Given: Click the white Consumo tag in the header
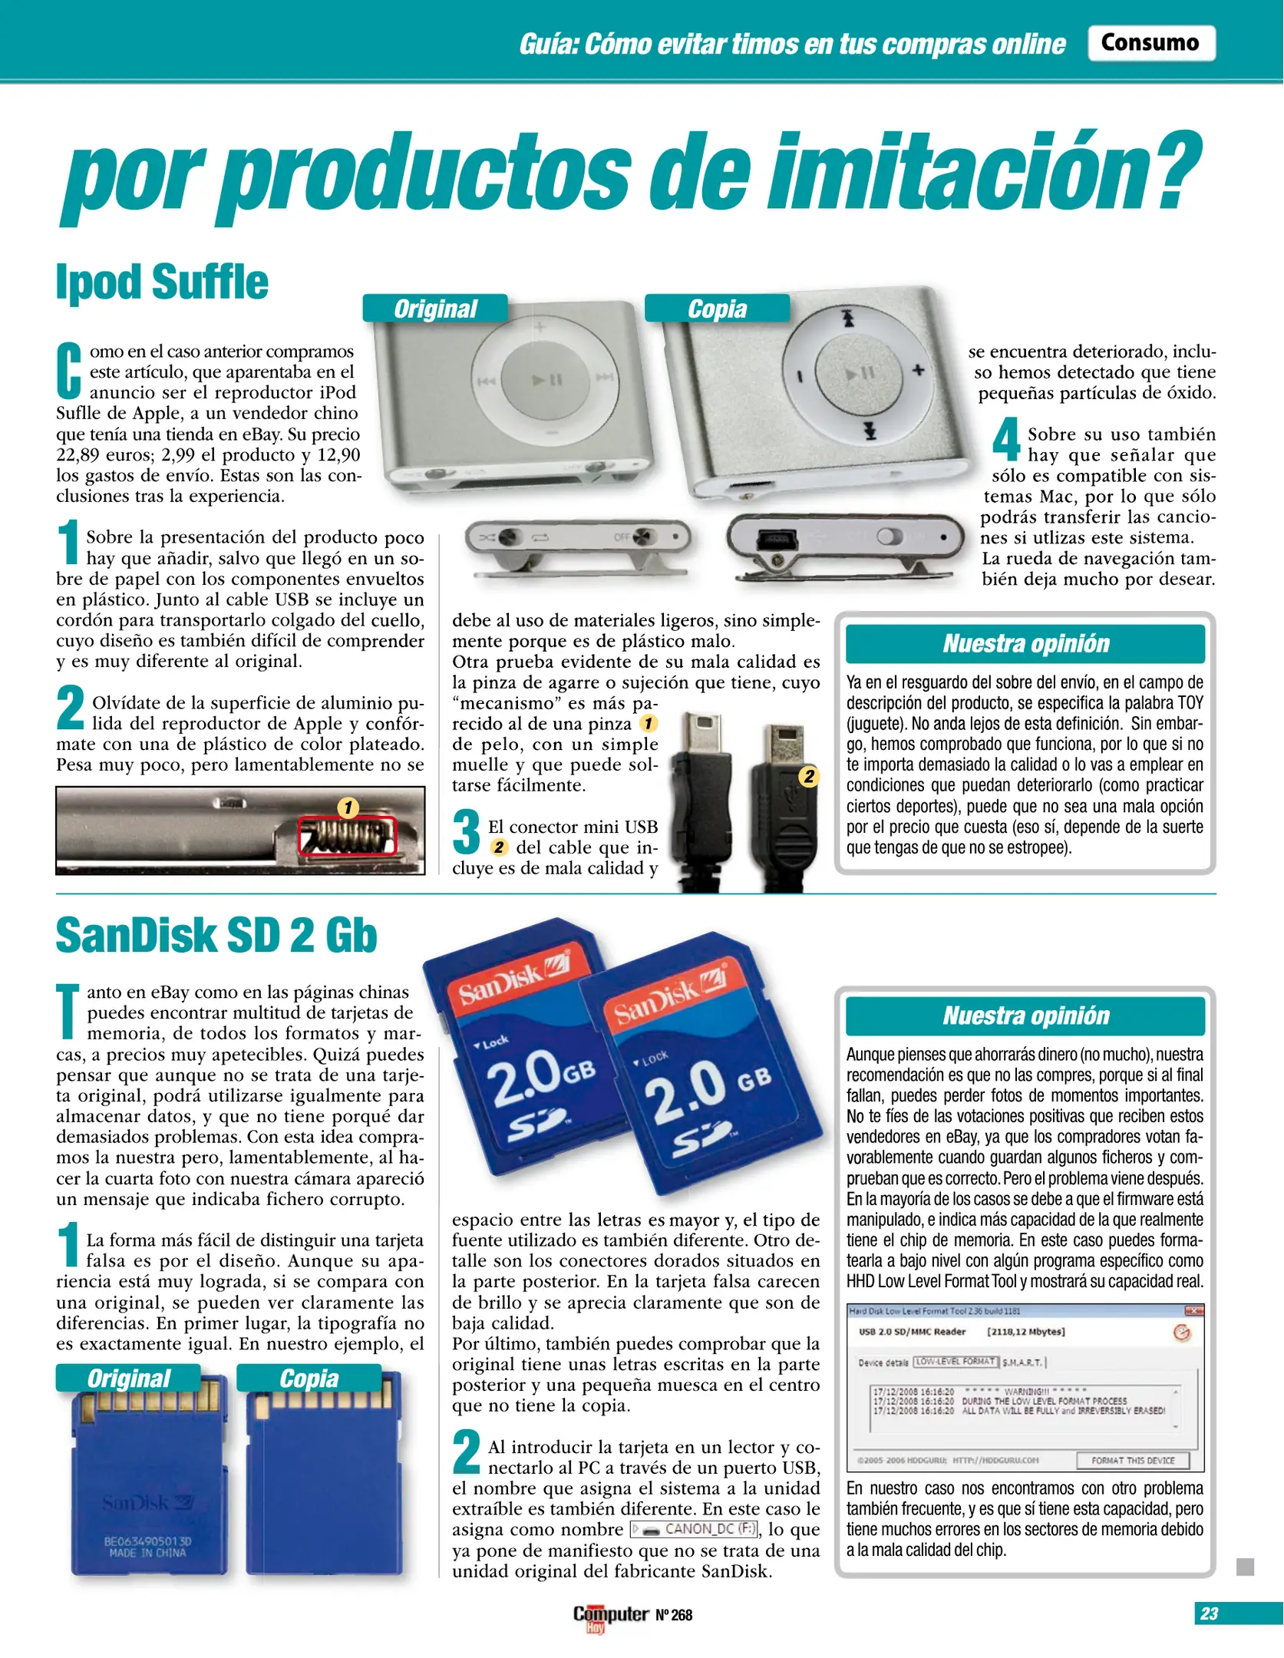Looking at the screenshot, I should tap(1150, 43).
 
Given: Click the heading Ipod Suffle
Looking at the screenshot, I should tap(162, 282).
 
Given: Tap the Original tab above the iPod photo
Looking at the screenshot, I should tap(435, 309).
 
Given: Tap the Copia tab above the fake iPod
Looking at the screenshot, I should tap(717, 309).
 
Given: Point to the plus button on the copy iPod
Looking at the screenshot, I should tap(918, 370).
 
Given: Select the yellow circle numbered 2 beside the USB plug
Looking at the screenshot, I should tap(809, 776).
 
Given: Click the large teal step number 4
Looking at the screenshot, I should tap(1005, 439).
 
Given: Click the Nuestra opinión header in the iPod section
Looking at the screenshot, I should tap(1025, 643).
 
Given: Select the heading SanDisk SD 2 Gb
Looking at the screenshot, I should tap(216, 936).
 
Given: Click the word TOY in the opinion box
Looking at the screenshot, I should tap(1190, 703).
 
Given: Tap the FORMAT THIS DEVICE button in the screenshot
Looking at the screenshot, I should tap(1133, 1461).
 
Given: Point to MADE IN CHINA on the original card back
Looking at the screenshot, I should tap(147, 1553).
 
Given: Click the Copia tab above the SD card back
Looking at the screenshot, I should tap(309, 1379).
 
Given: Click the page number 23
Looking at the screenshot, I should tap(1210, 1613).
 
